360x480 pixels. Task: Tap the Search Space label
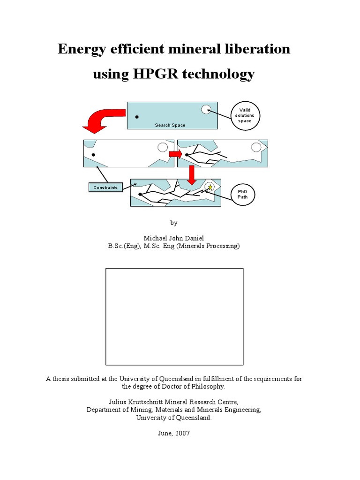coord(170,125)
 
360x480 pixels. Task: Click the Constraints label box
coord(105,187)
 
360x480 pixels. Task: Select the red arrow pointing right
coord(175,154)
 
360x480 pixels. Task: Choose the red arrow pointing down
coord(191,175)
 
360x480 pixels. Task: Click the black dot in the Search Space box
coord(137,117)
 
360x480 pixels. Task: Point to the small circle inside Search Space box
coord(206,110)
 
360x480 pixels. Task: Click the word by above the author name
coord(174,223)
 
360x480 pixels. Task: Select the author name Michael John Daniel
coord(173,239)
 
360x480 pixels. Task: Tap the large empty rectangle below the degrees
coord(174,316)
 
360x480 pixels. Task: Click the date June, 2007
coord(173,434)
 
